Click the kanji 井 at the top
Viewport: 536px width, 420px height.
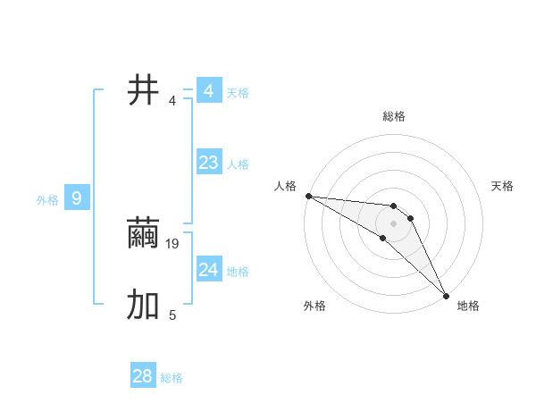[144, 90]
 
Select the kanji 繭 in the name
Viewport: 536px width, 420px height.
[144, 234]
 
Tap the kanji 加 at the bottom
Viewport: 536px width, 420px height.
[144, 305]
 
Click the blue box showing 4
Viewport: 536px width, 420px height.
[208, 91]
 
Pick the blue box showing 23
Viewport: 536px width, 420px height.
[208, 163]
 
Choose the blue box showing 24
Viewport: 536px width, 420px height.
[208, 270]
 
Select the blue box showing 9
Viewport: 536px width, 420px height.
[77, 198]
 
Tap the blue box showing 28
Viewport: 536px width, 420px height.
[143, 376]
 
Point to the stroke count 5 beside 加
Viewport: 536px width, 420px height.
[172, 315]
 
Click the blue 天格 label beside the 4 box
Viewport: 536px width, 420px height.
[238, 93]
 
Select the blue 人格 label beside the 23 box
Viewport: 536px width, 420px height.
[238, 164]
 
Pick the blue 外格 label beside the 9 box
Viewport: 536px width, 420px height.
[47, 200]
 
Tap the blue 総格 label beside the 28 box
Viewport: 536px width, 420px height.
[172, 378]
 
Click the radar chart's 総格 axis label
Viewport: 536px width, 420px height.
[394, 116]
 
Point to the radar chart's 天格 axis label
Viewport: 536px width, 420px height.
[503, 186]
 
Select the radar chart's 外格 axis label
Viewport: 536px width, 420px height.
[314, 306]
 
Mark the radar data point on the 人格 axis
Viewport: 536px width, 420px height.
[308, 196]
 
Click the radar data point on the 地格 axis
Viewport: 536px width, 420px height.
[446, 294]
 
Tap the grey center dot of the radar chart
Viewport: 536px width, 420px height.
[394, 223]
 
